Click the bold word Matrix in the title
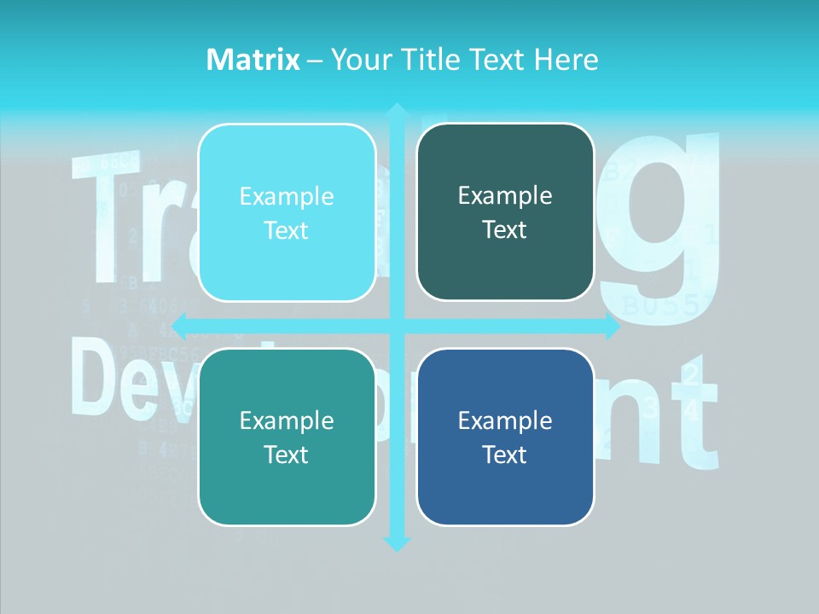tap(253, 60)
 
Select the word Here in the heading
tap(566, 60)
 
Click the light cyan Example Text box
tap(287, 212)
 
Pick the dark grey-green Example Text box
tap(505, 211)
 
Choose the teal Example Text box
tap(287, 437)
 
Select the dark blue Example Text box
tap(505, 437)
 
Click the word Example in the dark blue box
tap(505, 420)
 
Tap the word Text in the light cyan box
tap(287, 230)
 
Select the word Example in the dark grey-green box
tap(505, 195)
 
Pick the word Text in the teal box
tap(287, 455)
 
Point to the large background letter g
tap(661, 222)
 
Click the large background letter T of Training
tap(107, 213)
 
